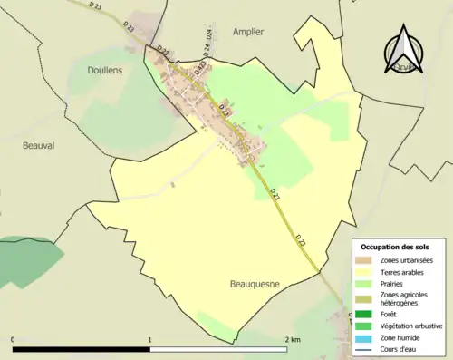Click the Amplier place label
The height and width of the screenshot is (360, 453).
(247, 31)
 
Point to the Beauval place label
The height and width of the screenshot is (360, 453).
(39, 144)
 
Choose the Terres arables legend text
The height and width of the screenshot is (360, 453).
(403, 270)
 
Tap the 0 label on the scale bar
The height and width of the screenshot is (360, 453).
(13, 340)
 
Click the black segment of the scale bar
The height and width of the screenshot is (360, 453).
(81, 349)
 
